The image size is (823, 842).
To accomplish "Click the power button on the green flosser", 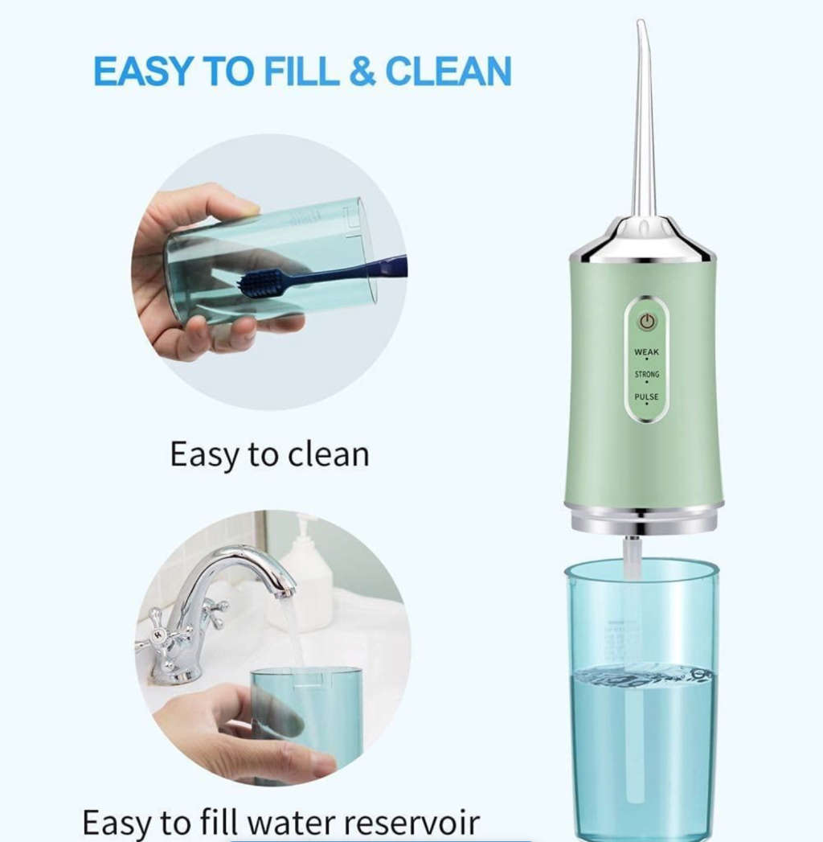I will point(648,322).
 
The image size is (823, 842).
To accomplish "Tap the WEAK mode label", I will point(647,352).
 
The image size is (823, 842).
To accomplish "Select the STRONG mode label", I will point(647,375).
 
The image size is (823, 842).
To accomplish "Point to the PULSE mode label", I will point(647,397).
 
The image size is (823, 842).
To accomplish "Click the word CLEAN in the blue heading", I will point(448,72).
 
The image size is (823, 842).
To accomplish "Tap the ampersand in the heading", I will point(362,72).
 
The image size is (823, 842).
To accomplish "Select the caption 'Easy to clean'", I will point(269,455).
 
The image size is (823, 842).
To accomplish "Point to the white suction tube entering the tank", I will point(633,559).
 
